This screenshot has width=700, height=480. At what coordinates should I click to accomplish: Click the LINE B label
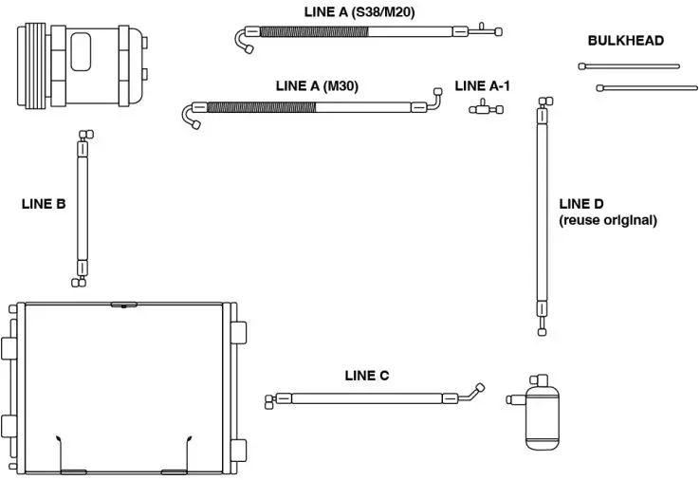coord(44,203)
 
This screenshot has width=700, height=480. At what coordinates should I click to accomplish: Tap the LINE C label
coord(367,376)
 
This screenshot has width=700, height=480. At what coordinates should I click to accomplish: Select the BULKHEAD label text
coord(626,41)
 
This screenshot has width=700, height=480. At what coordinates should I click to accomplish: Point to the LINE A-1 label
coord(483,85)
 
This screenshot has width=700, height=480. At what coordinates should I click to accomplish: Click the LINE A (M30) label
coord(317,85)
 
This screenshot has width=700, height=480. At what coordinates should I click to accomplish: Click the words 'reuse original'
coord(608,220)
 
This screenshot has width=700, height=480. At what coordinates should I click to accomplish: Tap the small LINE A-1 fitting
coord(485,110)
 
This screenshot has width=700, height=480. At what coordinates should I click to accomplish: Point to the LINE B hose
coord(82,209)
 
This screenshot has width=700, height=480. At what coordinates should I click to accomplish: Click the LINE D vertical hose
coord(543,213)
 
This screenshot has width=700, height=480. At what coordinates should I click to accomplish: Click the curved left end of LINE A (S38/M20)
coord(244,40)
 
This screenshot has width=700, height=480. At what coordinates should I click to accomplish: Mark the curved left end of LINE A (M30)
coord(189,115)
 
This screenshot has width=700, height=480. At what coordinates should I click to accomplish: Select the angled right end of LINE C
coord(473,391)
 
